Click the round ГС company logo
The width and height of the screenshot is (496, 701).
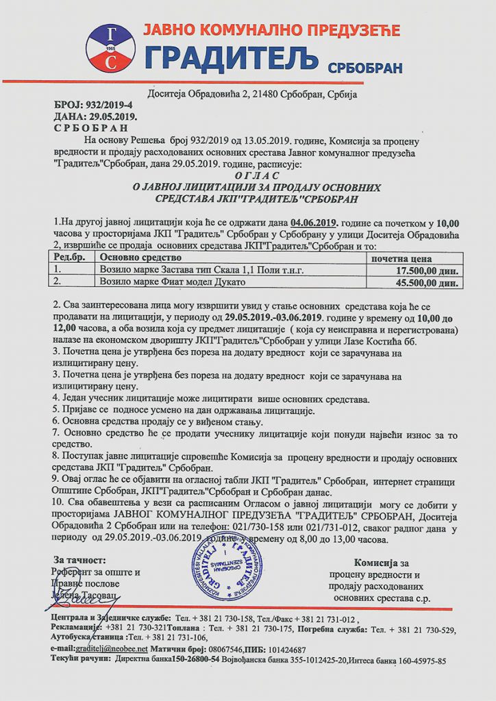[110, 48]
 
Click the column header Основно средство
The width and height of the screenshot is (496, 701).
[140, 257]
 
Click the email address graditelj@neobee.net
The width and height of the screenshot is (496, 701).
[113, 648]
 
